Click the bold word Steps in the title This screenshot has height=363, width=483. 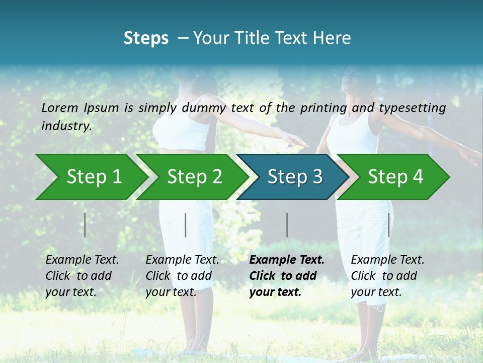click(x=146, y=38)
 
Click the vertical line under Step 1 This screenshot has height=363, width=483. click(x=85, y=225)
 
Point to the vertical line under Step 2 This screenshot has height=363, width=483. click(x=186, y=225)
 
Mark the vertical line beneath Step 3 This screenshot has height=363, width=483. click(x=287, y=225)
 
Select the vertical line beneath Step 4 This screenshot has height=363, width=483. click(x=388, y=225)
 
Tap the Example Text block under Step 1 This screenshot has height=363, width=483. click(x=82, y=276)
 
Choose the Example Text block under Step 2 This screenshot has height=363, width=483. click(x=182, y=276)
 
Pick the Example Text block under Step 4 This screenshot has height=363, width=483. click(x=387, y=276)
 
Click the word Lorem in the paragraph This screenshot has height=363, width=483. click(x=60, y=107)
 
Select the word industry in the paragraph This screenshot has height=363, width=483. click(x=66, y=126)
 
